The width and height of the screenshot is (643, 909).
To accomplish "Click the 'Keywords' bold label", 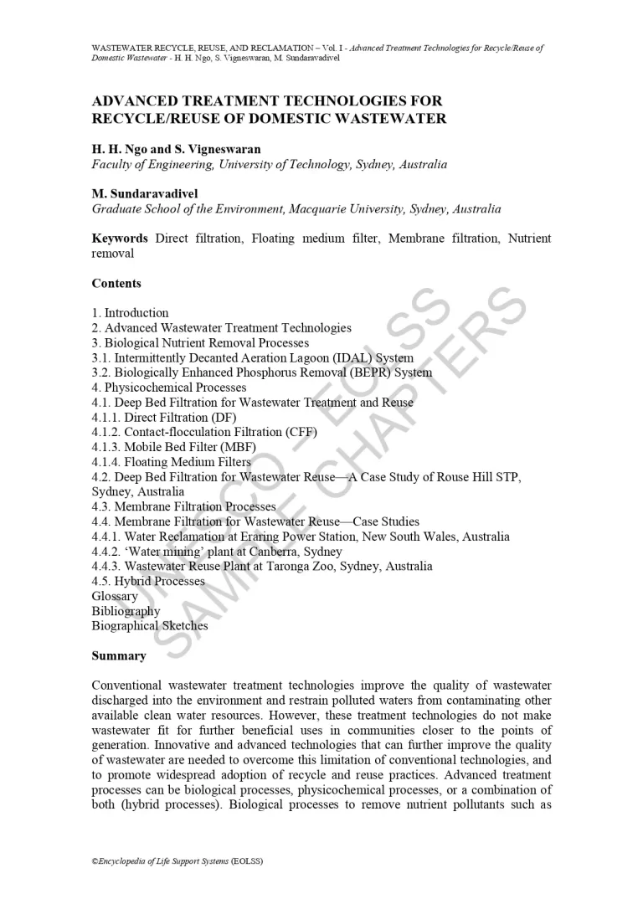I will [x=120, y=239].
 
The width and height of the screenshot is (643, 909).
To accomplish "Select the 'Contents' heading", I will [x=116, y=284].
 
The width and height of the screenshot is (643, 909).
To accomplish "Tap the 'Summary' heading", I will [x=119, y=656].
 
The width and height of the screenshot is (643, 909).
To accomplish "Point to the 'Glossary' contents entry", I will [x=115, y=596].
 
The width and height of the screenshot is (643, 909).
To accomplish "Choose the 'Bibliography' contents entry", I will [x=126, y=611].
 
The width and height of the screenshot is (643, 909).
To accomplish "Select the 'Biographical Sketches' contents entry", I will [x=150, y=626].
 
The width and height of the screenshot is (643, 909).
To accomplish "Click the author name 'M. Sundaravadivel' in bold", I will [x=145, y=194].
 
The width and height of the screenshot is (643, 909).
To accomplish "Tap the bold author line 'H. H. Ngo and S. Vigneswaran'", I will [x=176, y=149].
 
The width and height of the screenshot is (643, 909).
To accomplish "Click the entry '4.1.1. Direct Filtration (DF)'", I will [x=164, y=417].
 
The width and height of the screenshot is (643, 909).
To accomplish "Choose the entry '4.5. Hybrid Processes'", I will [x=148, y=581].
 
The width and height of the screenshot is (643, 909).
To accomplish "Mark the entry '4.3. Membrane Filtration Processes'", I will [x=183, y=506].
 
